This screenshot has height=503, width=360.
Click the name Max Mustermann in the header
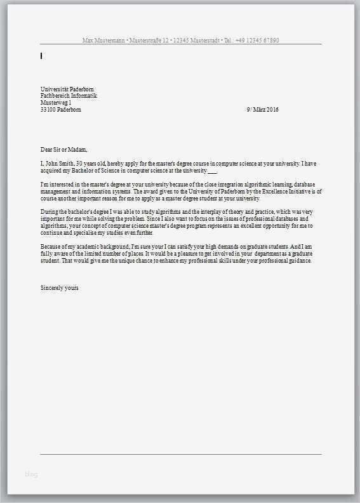point(104,41)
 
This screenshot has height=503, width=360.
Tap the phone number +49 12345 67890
point(257,41)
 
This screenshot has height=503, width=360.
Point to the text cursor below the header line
point(41,56)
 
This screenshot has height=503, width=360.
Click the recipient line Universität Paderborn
point(67,89)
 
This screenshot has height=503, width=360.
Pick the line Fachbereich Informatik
point(69,96)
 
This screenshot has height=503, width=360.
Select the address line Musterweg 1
point(56,102)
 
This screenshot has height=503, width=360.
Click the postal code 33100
point(48,109)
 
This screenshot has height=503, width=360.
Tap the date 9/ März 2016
point(262,109)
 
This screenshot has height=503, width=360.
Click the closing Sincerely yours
point(59,287)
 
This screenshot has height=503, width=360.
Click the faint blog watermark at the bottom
point(31,474)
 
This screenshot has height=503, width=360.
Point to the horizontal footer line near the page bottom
point(180,454)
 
